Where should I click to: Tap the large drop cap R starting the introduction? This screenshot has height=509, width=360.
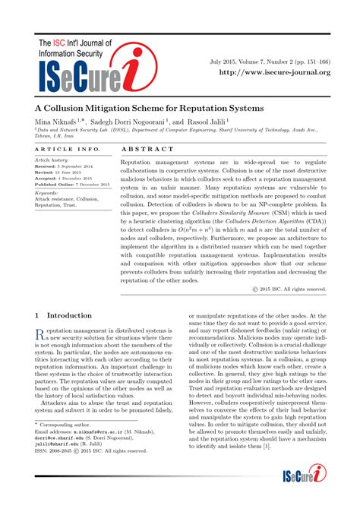tap(40, 335)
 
